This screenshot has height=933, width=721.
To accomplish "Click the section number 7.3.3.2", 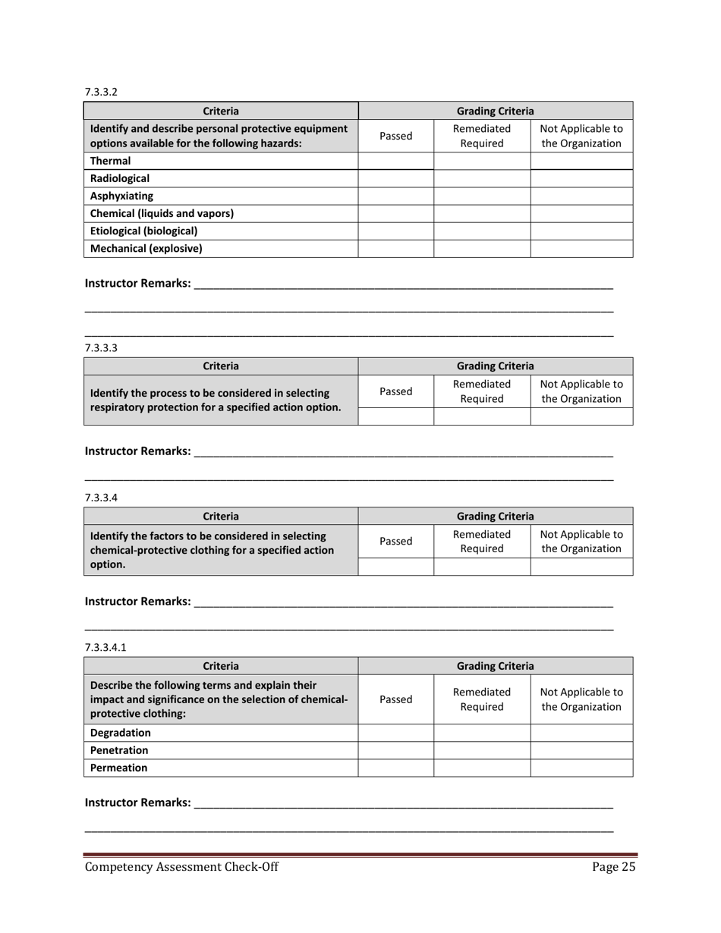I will [x=101, y=92].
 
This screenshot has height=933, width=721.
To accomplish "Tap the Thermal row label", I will [x=111, y=161].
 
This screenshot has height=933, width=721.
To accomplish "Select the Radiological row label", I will [x=120, y=179].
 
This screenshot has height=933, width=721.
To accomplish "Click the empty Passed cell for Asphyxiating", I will [x=395, y=196].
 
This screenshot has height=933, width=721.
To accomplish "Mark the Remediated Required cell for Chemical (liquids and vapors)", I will [x=481, y=213].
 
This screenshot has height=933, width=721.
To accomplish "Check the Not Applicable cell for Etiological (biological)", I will [x=581, y=231].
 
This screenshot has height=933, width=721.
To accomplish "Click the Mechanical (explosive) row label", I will [x=146, y=248].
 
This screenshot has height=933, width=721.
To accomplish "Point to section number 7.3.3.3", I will [x=101, y=348].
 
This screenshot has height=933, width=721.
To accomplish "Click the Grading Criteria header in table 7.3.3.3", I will [x=495, y=366].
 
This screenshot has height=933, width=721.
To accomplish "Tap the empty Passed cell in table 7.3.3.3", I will [x=395, y=416].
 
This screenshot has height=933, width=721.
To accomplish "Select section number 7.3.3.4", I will [x=101, y=498].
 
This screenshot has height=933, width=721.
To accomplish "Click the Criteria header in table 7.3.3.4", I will [x=221, y=516].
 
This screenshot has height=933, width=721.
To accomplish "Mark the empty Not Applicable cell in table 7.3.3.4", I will [x=581, y=566].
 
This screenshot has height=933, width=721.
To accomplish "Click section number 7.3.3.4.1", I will [x=105, y=647].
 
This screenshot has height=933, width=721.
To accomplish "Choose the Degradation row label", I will [x=121, y=733].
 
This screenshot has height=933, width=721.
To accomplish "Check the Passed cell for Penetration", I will [x=395, y=750].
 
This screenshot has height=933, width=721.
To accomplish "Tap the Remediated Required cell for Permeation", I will [x=481, y=768].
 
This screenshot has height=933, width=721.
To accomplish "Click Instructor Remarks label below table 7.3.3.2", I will [x=137, y=283].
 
